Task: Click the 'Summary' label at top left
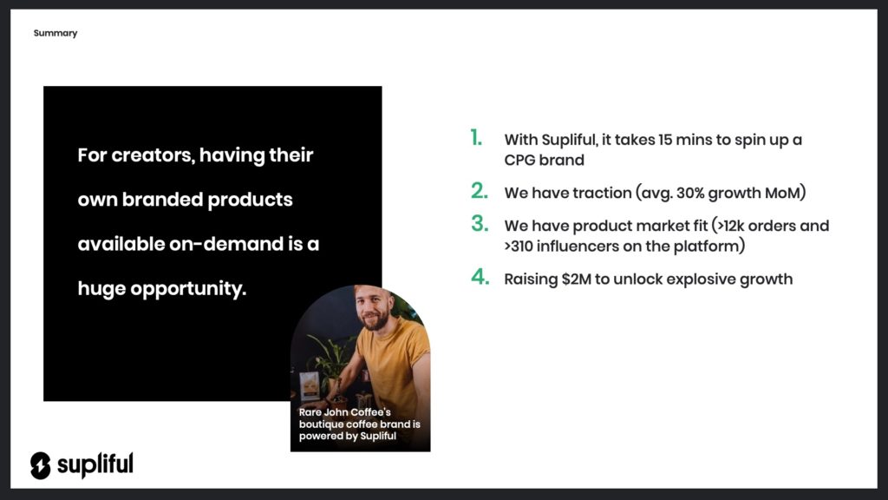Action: point(55,33)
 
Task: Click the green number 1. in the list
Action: point(476,138)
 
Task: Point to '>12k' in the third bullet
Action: point(730,226)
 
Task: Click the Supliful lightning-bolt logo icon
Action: point(41,465)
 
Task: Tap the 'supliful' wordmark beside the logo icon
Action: point(95,465)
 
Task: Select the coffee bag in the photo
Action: point(309,385)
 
